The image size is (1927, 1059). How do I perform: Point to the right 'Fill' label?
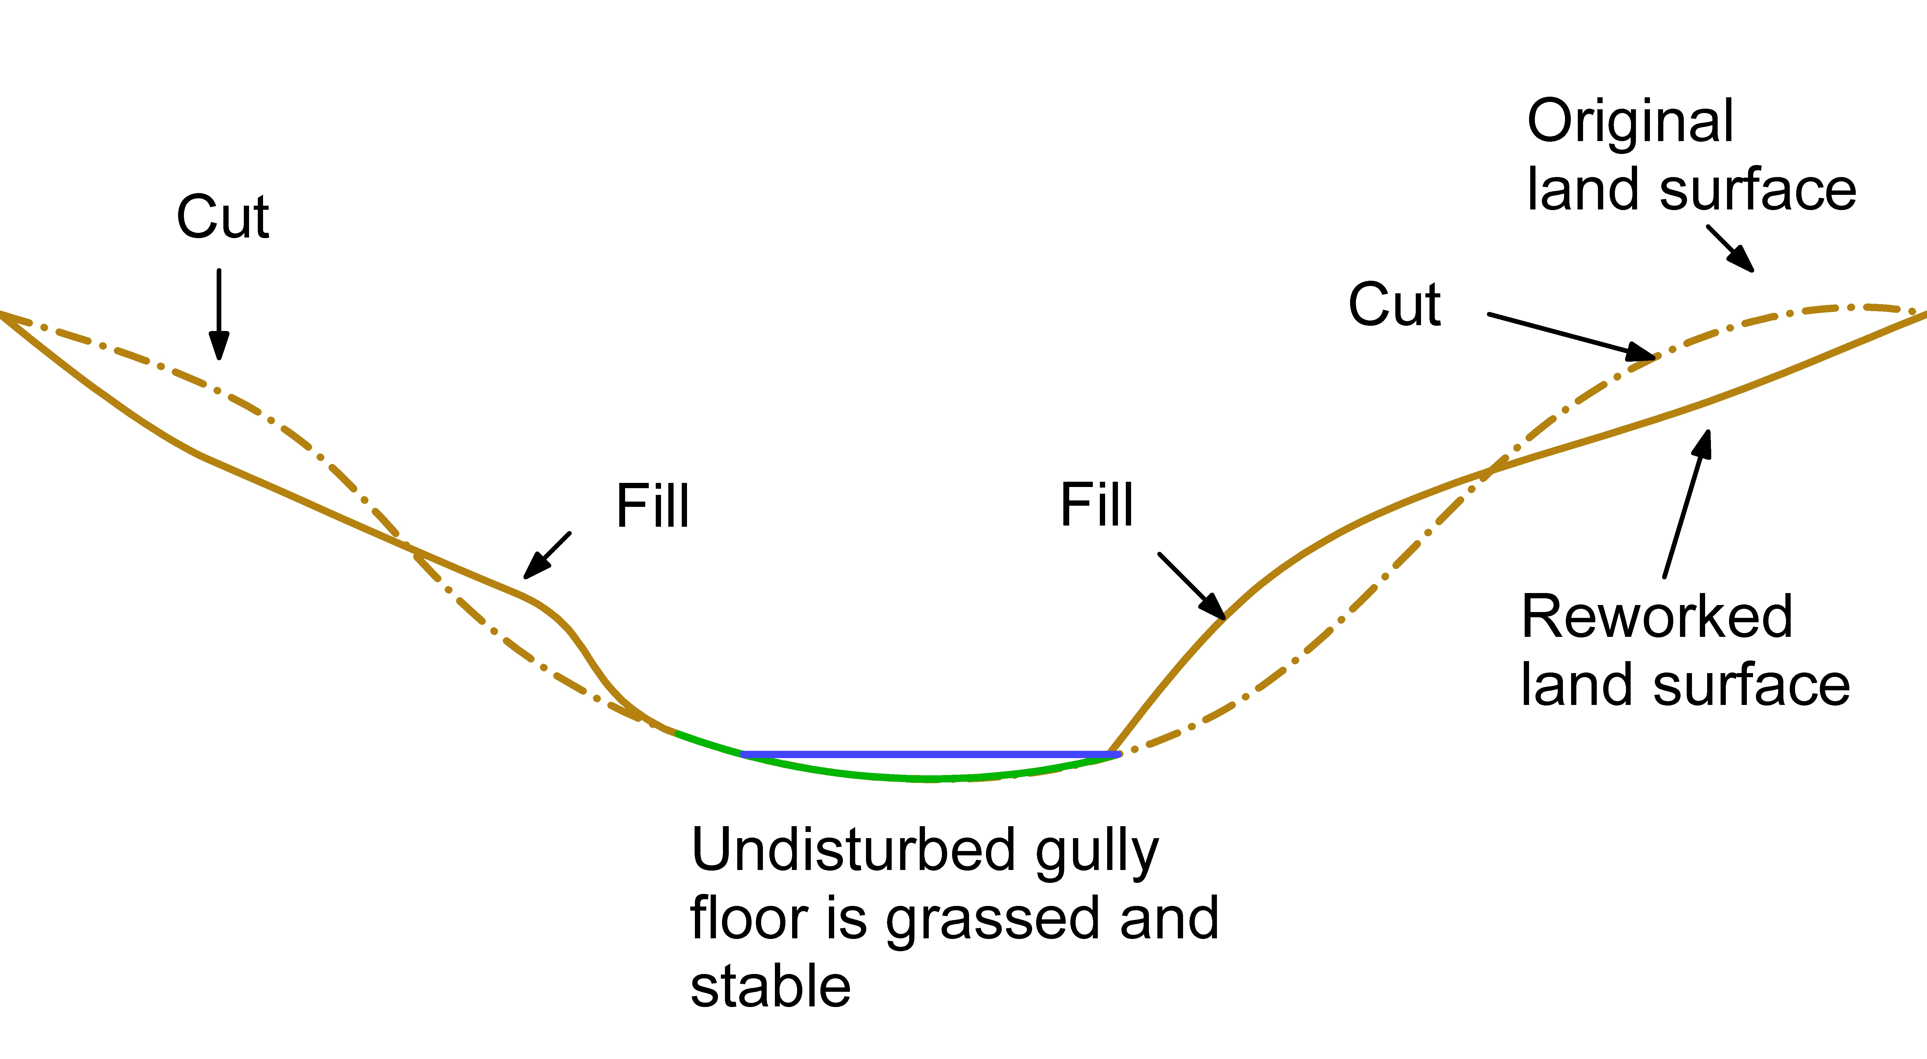tap(1097, 505)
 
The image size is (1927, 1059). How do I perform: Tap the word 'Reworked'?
tap(1657, 617)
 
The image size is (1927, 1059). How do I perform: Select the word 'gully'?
tap(1097, 853)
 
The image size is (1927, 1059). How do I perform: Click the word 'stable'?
tap(771, 987)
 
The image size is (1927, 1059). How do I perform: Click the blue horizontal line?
tap(928, 754)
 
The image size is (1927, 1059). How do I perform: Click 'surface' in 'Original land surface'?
tap(1758, 190)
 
